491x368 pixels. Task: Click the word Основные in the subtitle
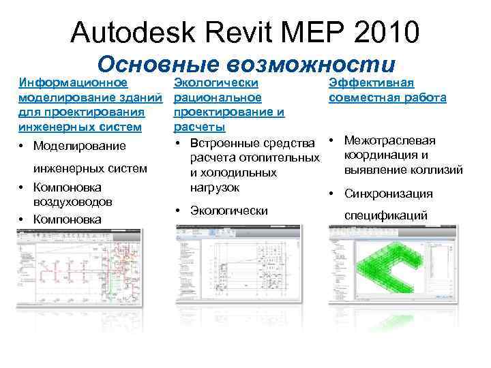tap(158, 64)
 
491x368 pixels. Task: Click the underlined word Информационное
tap(73, 83)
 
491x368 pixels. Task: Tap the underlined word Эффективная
tap(371, 83)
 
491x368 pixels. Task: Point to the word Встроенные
tap(226, 144)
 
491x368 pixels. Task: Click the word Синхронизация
tap(389, 194)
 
